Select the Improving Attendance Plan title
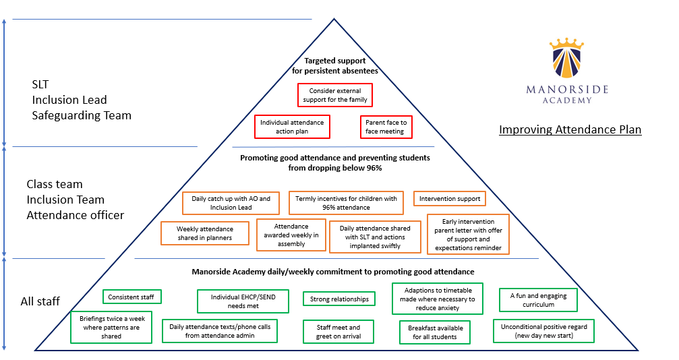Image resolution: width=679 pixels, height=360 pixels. coord(570,129)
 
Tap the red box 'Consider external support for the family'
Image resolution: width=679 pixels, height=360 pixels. coord(335,95)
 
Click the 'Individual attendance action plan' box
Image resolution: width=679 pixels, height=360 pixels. coord(292,127)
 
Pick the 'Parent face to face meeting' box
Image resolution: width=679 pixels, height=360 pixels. coord(386,127)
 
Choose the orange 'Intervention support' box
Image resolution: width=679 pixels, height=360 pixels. coord(450,199)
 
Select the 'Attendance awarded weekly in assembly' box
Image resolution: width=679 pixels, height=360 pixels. coord(292,235)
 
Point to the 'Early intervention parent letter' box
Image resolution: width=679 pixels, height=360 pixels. coord(468,235)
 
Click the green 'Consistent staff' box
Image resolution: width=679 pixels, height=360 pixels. coord(132,297)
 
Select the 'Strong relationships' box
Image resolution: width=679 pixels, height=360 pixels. coord(339,299)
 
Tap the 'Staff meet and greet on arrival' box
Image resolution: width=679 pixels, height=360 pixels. coord(338,332)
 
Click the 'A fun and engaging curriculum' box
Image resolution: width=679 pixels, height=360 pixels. coord(538,300)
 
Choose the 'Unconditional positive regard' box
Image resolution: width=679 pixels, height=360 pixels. coord(543,330)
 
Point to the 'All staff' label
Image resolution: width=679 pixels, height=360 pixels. coord(40,301)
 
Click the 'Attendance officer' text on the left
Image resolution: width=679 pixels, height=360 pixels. coord(75,215)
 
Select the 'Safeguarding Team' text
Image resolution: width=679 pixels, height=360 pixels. coord(82,115)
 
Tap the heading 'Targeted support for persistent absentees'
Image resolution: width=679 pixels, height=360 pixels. coord(334,65)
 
